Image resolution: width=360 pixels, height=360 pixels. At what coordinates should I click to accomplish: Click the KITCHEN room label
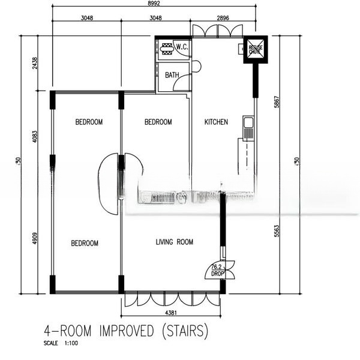click(x=216, y=122)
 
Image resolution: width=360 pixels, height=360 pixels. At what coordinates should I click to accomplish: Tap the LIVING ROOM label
click(x=174, y=242)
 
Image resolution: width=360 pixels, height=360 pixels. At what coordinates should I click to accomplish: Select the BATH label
click(x=172, y=76)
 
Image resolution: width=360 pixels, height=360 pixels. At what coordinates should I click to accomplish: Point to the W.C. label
click(x=182, y=46)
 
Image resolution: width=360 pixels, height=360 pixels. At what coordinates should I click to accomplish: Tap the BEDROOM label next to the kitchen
click(x=158, y=122)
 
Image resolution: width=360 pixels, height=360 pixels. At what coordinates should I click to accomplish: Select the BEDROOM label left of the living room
click(x=85, y=243)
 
